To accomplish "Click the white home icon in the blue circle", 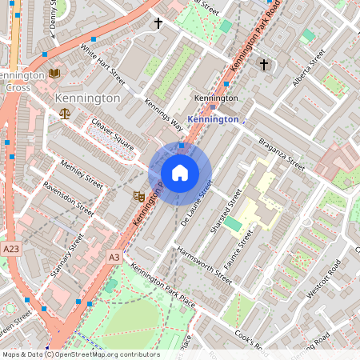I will point(180,173).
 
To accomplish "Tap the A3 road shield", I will point(114,257).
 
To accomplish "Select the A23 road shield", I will point(10,250).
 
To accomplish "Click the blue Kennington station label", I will point(212,119).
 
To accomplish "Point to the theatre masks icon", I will point(138,194).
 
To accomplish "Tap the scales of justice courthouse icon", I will point(65,114).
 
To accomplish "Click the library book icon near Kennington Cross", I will point(54,74).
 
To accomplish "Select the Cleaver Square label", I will point(111,134).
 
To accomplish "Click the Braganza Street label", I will point(281,151).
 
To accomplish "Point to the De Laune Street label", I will point(197,202).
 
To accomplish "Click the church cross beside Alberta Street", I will point(263,63).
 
